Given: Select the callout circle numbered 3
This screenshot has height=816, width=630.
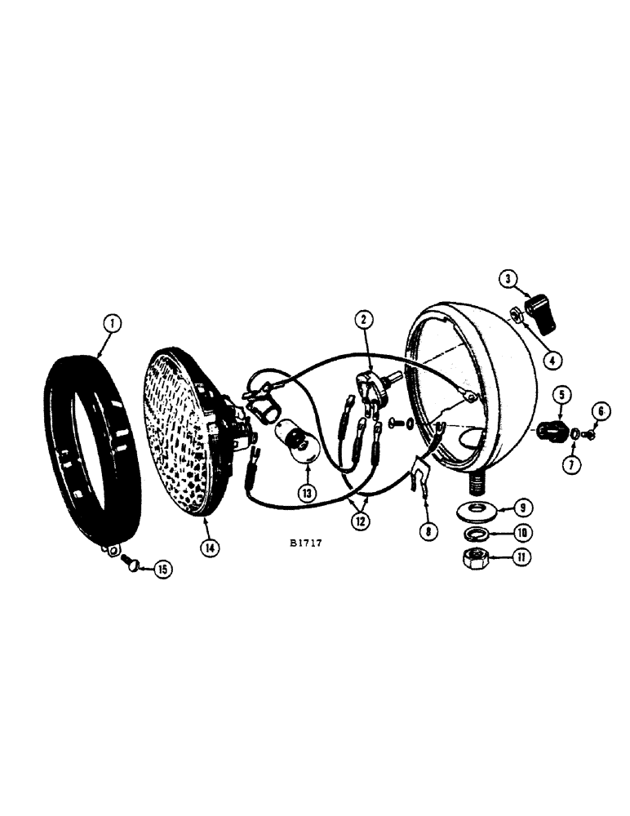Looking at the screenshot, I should point(508,279).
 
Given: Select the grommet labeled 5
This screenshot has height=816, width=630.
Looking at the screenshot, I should point(552,428).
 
